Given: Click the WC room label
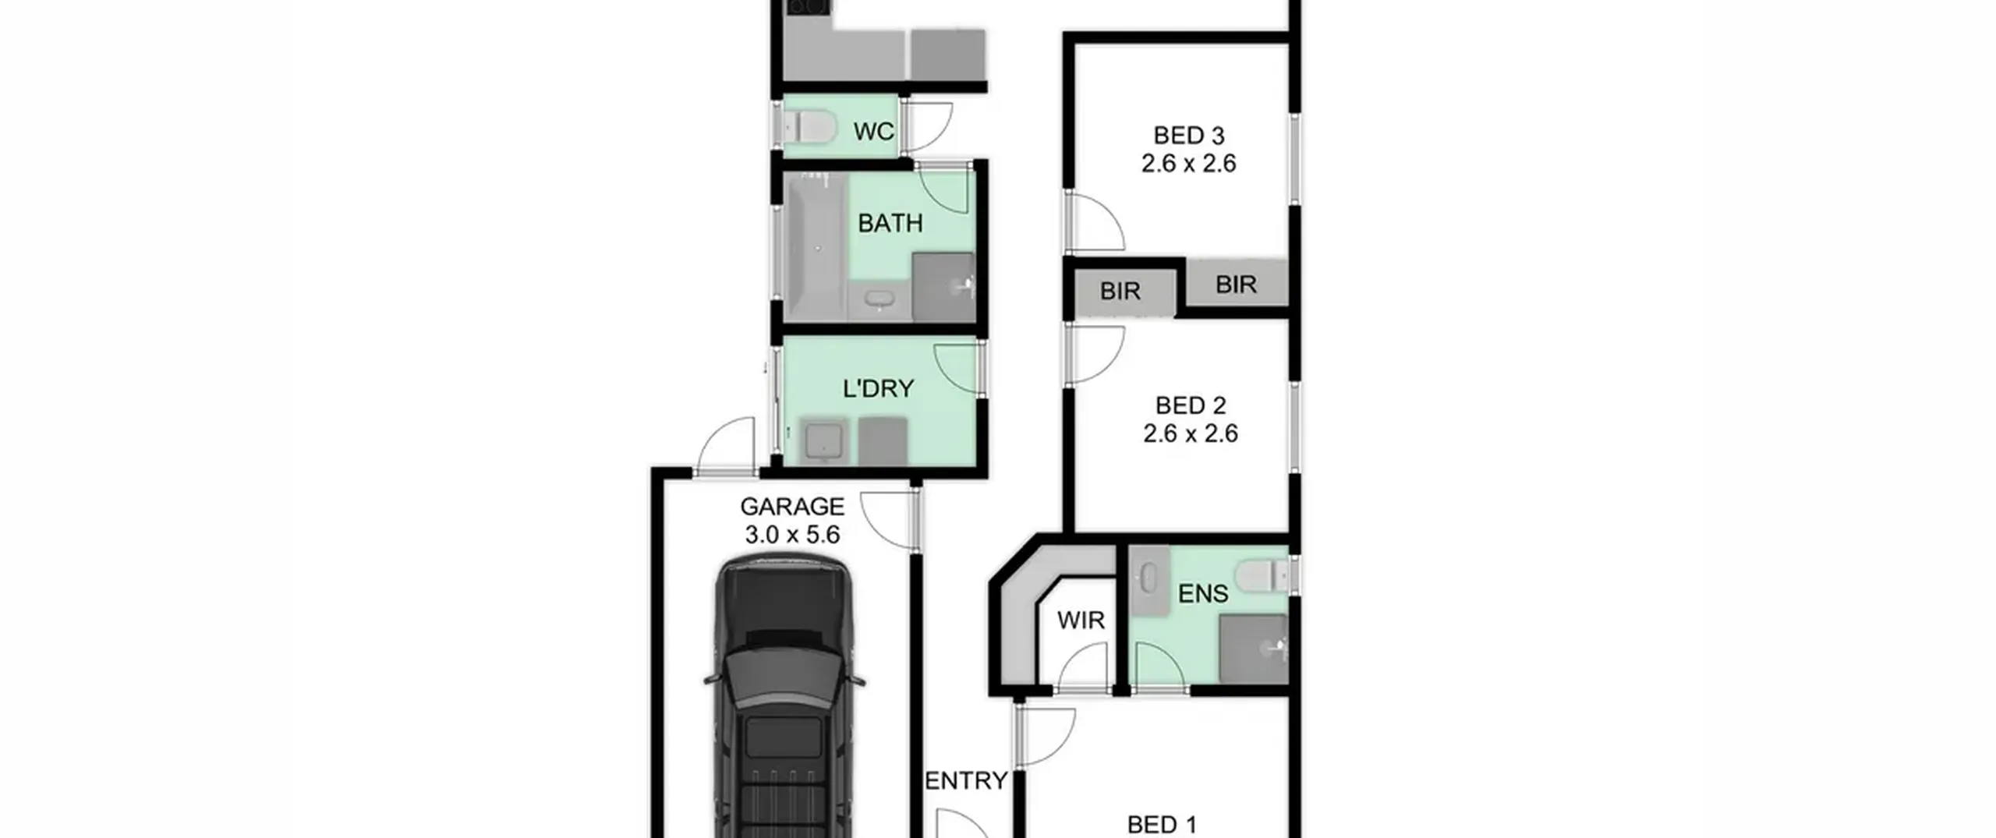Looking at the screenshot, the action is (x=873, y=132).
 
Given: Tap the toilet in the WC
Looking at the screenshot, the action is (x=809, y=127).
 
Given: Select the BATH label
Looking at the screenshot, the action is (x=890, y=224).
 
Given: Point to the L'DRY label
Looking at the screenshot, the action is (x=878, y=388).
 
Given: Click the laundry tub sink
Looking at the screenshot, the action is (x=823, y=441).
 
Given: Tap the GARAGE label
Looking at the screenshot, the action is (x=792, y=507).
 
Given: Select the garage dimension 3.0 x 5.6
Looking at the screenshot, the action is (x=792, y=535).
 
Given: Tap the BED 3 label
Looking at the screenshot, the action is (x=1189, y=136).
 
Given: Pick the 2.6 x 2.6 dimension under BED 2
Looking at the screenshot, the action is (x=1191, y=433).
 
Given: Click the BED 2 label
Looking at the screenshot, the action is (x=1191, y=405).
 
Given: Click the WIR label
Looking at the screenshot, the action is (x=1081, y=621).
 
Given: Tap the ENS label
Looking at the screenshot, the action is (x=1203, y=594).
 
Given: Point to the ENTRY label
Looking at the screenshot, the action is (x=966, y=780).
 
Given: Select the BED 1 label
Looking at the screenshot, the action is (x=1162, y=824).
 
